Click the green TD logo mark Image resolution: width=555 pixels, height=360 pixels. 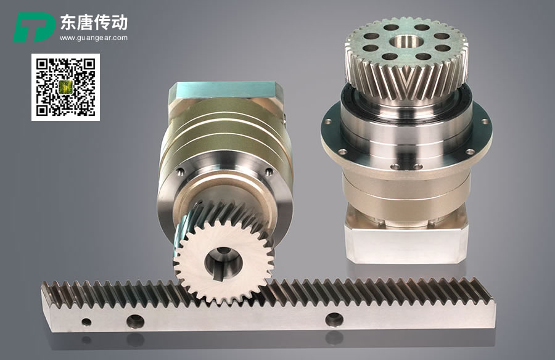click(x=35, y=27)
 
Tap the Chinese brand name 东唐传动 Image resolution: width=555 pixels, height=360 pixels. click(x=94, y=23)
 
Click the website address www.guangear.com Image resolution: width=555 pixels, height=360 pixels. click(x=94, y=38)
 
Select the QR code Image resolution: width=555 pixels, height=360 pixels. click(x=65, y=87)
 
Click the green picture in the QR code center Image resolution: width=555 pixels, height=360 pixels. click(x=65, y=87)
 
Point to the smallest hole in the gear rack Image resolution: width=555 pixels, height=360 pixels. click(x=86, y=322)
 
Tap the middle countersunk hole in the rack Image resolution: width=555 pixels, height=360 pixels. click(x=135, y=321)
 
